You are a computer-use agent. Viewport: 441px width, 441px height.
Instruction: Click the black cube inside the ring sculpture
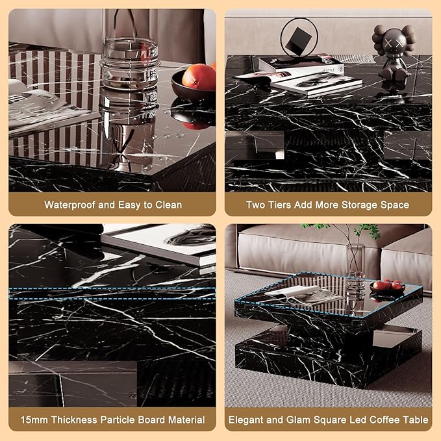pos(299,42)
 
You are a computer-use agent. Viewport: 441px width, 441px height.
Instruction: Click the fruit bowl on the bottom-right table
pos(388,288)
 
